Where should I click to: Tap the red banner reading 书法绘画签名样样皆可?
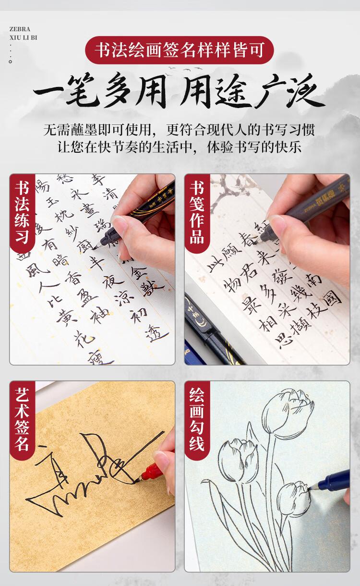[x=180, y=50]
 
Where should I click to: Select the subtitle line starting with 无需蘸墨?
[x=180, y=130]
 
